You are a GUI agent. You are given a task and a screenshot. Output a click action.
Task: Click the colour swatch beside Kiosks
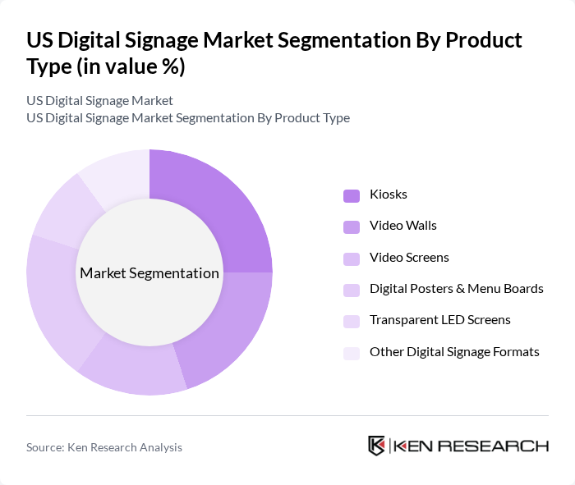[x=352, y=195]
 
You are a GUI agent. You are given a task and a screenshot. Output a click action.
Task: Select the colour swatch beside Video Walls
[x=352, y=226]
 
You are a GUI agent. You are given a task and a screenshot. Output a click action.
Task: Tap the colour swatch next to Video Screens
[x=352, y=258]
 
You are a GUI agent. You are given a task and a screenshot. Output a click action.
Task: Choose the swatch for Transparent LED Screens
[x=352, y=321]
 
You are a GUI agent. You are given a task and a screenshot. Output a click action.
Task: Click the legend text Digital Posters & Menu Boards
[x=457, y=289]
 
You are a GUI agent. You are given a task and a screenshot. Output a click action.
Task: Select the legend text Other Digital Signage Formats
[x=454, y=352]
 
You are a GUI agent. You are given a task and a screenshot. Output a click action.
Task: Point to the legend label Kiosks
[x=389, y=195]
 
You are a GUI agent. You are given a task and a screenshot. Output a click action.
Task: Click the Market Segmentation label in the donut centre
[x=149, y=273]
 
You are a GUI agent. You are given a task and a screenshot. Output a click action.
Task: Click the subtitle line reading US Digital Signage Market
[x=99, y=101]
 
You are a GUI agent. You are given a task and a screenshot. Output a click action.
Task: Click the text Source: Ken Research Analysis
[x=104, y=447]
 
